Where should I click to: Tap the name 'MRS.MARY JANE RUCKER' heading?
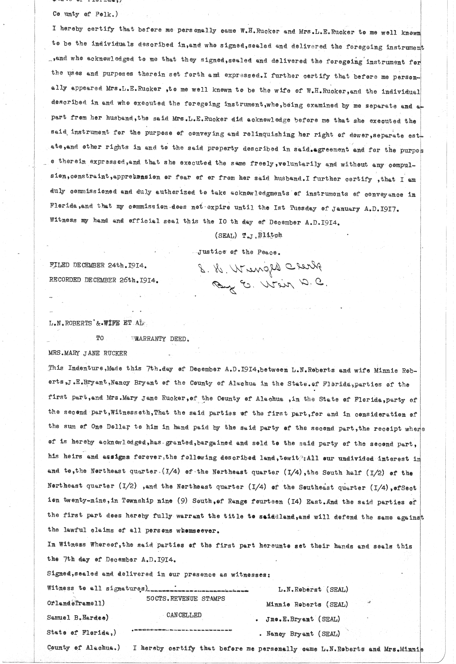pyautogui.click(x=87, y=353)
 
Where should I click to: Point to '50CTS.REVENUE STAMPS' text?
pyautogui.click(x=186, y=599)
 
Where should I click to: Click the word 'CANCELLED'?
pyautogui.click(x=184, y=615)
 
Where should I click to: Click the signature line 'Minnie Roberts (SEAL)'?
pyautogui.click(x=306, y=604)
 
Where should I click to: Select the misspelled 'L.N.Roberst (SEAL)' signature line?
pyautogui.click(x=313, y=589)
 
